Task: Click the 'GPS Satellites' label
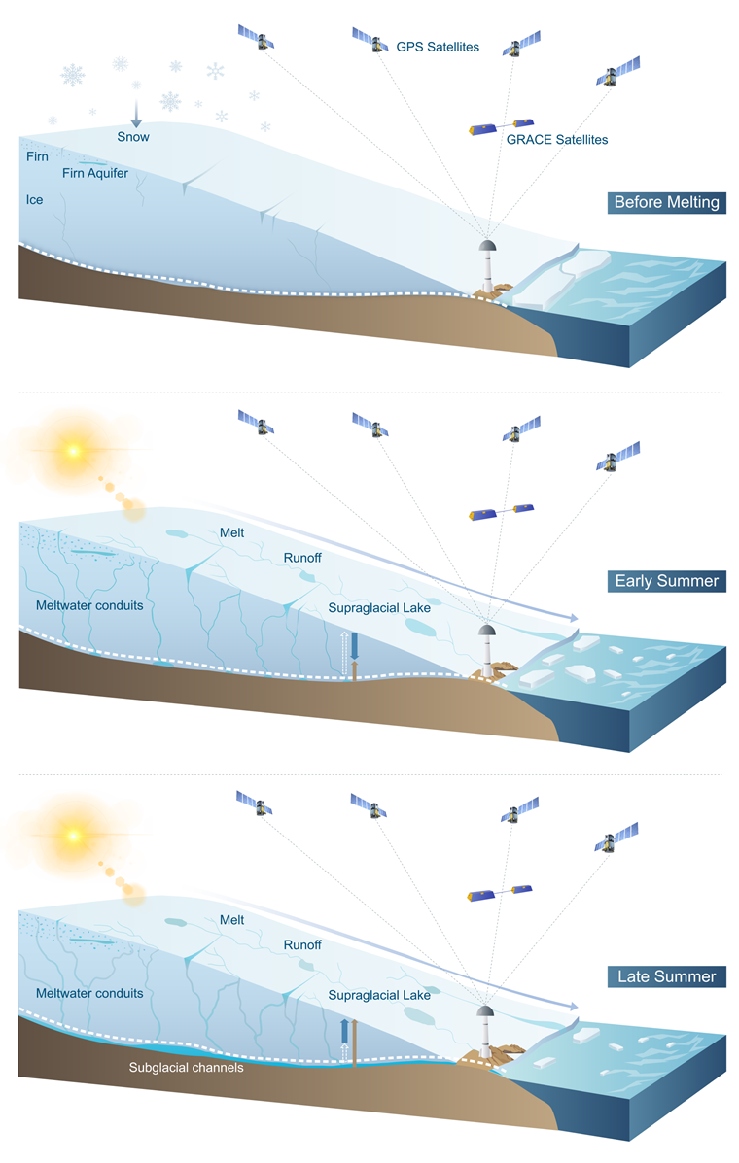[x=438, y=47]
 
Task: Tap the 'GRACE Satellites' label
[x=556, y=140]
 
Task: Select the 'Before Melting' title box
[x=666, y=203]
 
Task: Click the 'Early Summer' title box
[x=666, y=582]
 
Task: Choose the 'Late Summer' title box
[x=666, y=976]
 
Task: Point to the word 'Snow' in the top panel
[x=133, y=137]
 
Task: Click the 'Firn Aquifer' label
[x=94, y=174]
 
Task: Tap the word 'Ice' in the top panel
[x=35, y=200]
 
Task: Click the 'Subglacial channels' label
[x=186, y=1067]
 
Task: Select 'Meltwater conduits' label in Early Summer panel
[x=88, y=604]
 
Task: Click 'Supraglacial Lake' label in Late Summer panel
[x=378, y=995]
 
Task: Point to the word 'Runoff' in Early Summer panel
[x=302, y=558]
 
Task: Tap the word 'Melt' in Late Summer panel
[x=231, y=919]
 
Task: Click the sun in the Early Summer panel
[x=70, y=451]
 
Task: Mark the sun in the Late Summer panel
[x=70, y=835]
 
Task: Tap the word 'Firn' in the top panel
[x=37, y=156]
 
